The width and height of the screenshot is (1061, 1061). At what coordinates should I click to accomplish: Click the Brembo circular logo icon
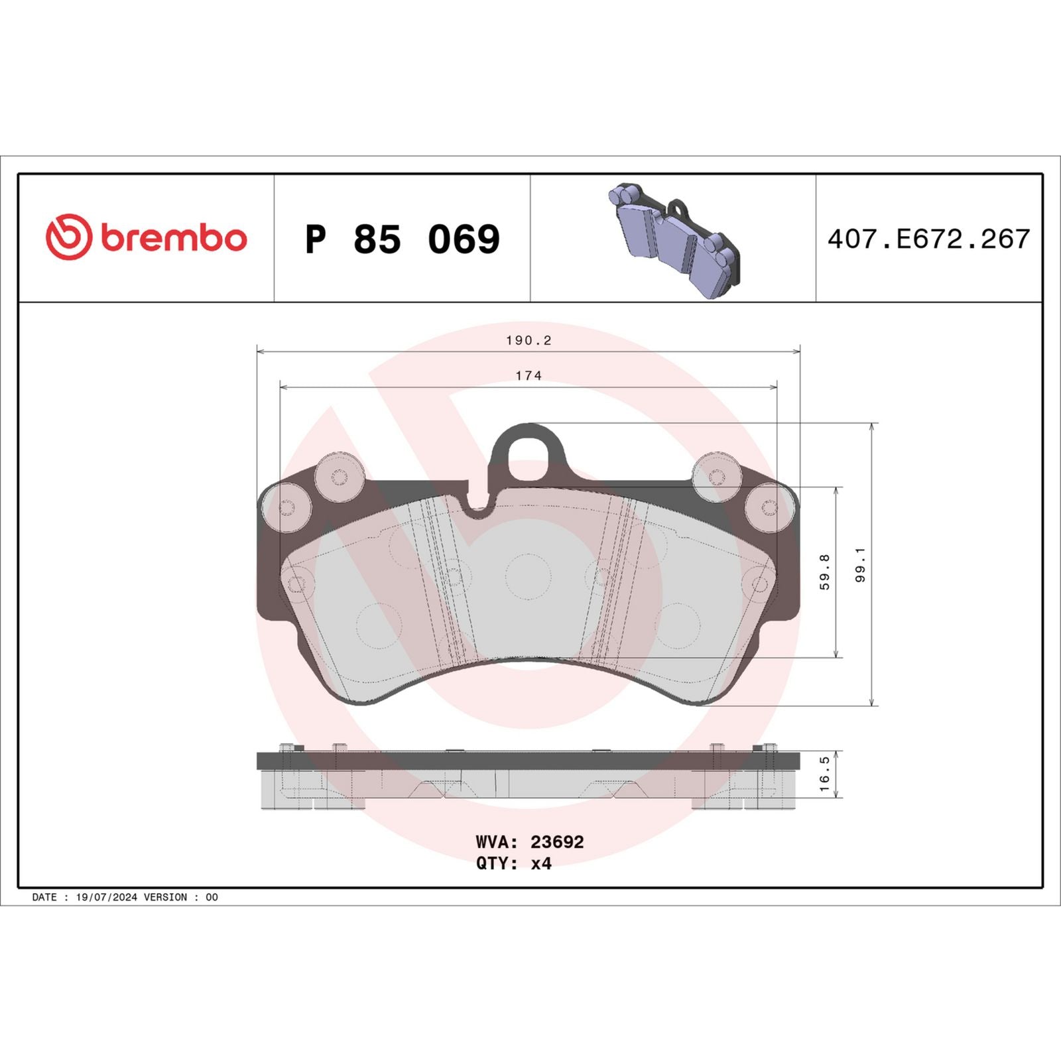click(x=68, y=237)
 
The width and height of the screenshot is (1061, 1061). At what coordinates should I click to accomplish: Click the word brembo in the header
click(x=174, y=239)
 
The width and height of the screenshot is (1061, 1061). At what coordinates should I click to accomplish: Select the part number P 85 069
click(x=402, y=239)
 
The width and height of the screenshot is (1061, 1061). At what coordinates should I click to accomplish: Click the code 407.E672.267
click(x=928, y=239)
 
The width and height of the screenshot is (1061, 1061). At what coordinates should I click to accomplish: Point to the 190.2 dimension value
click(x=529, y=340)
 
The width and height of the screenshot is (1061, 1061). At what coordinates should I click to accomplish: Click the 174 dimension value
click(x=529, y=376)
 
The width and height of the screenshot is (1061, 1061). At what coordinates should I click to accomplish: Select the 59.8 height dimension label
click(x=824, y=572)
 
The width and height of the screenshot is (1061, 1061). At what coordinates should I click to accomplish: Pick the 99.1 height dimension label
click(x=860, y=565)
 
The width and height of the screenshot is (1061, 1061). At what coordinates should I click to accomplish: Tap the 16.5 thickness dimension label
click(x=824, y=774)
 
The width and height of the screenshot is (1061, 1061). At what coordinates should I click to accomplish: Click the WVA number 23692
click(x=557, y=842)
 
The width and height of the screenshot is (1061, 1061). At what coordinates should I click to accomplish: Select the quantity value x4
click(x=541, y=863)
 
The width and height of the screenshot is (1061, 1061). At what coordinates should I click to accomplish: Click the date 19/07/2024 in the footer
click(x=107, y=897)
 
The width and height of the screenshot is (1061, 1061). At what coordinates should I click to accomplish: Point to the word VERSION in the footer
click(x=165, y=897)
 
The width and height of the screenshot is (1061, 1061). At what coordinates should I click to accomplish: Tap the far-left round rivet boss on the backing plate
click(x=286, y=508)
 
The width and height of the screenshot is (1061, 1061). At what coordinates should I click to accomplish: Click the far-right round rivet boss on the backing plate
click(x=769, y=508)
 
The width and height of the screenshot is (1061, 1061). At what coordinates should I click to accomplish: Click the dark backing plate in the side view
click(x=528, y=761)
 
